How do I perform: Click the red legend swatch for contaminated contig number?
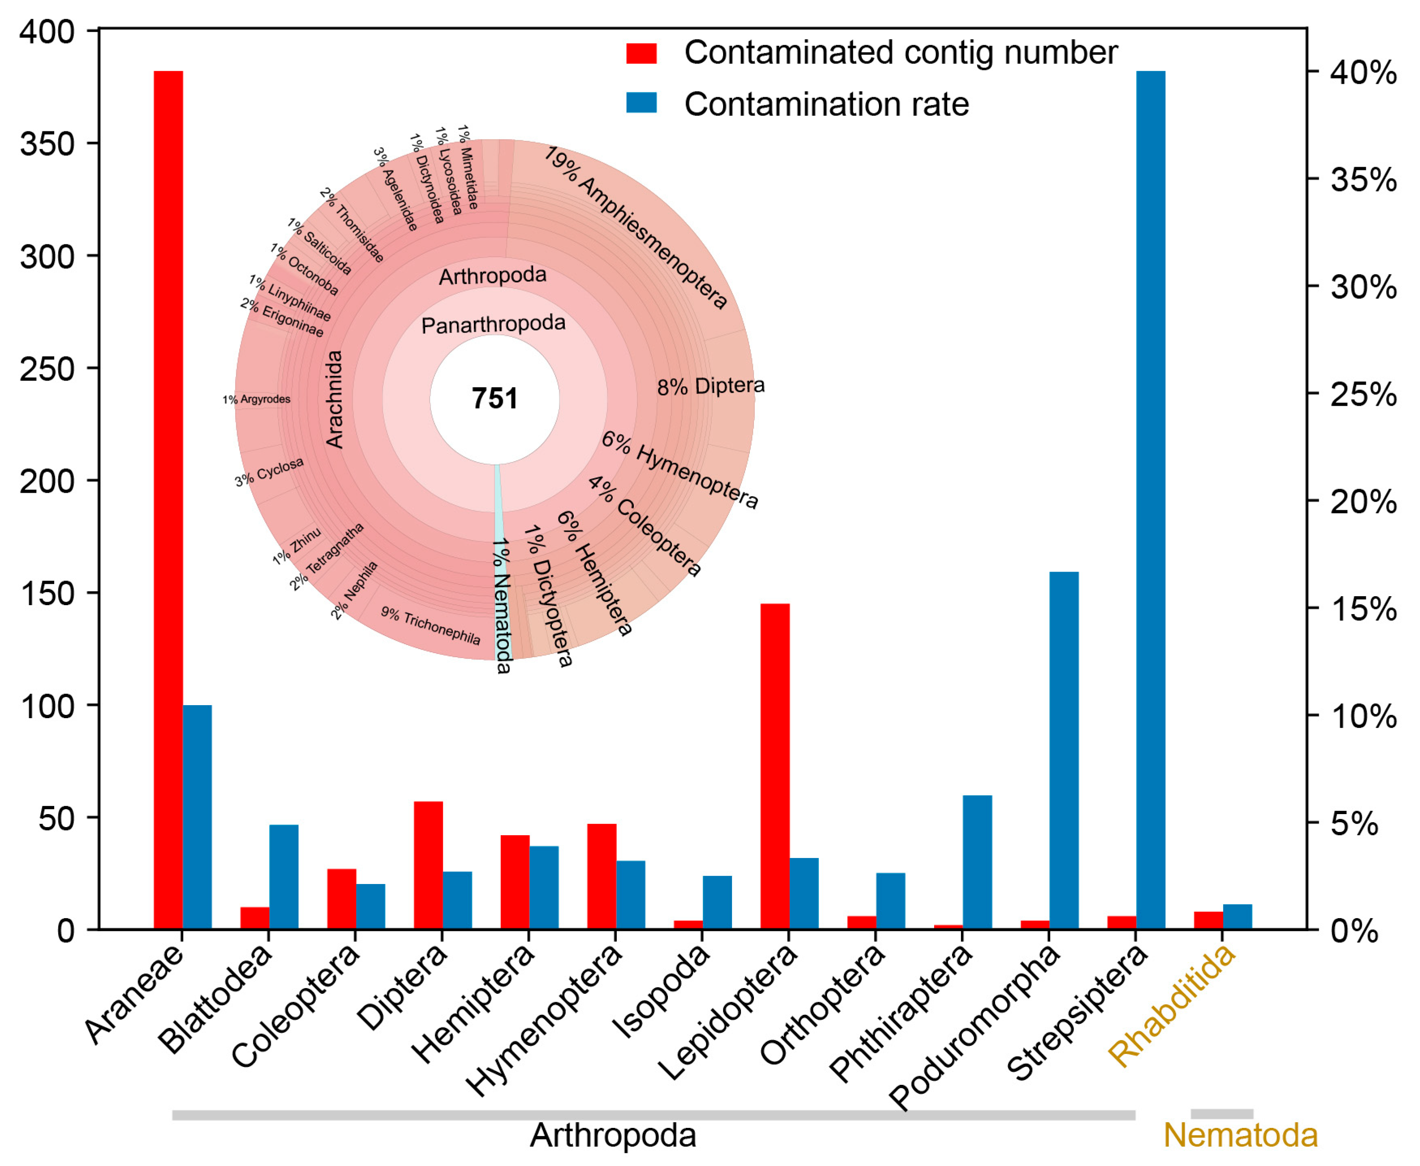pos(641,53)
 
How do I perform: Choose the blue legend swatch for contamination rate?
pos(641,103)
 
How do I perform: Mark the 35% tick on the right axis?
pos(1363,180)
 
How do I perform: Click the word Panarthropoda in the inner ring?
pos(494,325)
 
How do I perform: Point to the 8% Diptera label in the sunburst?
pos(710,386)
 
